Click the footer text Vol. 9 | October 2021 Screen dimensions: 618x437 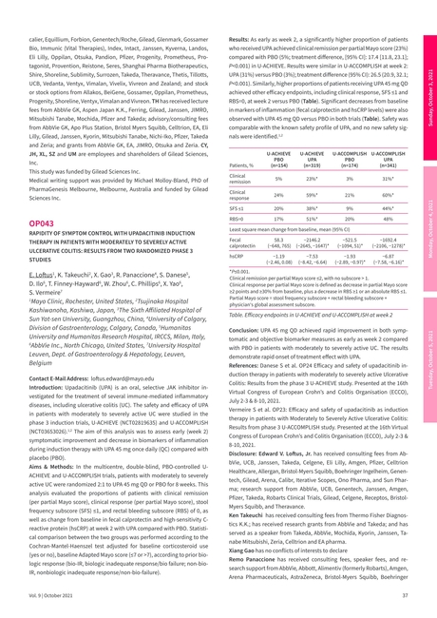[x=46, y=595]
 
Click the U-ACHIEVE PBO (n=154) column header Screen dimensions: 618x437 [x=278, y=159]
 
